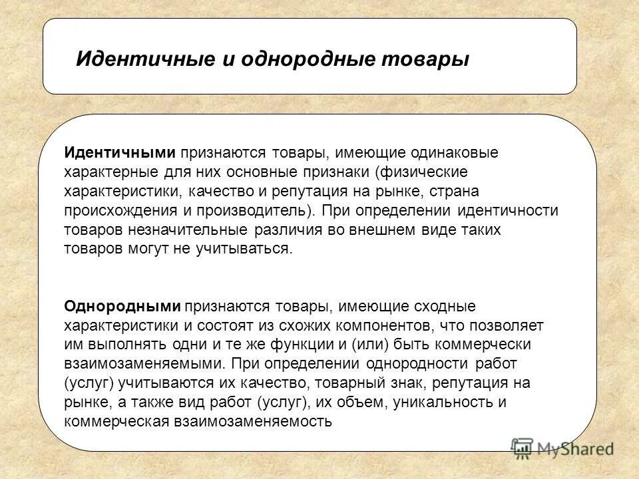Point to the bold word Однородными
(x=122, y=307)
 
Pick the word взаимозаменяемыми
(x=143, y=365)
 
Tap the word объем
(x=366, y=402)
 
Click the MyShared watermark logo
(x=562, y=447)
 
